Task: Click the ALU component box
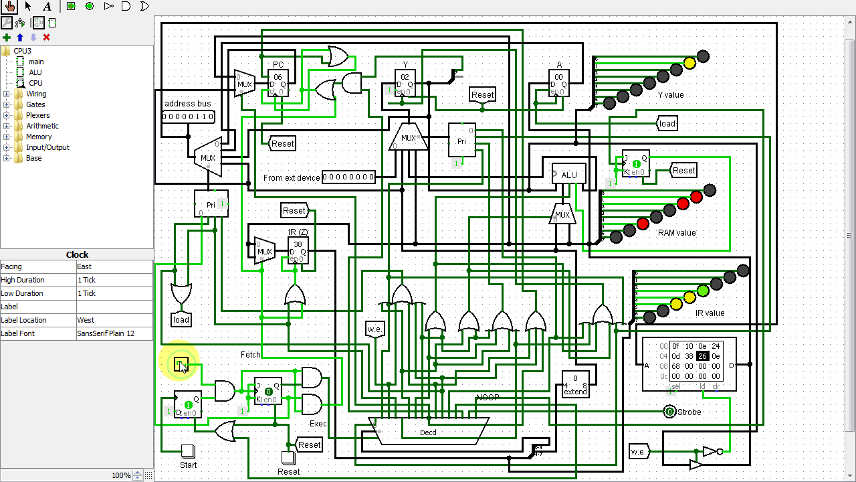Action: click(x=568, y=175)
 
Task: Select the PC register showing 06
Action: click(x=278, y=83)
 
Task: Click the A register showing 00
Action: click(x=559, y=83)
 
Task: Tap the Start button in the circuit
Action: click(x=188, y=452)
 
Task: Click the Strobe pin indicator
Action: click(x=669, y=412)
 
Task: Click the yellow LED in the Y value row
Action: click(x=689, y=64)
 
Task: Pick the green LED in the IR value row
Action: click(x=703, y=291)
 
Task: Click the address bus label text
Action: click(x=188, y=104)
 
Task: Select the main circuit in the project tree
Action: click(x=36, y=62)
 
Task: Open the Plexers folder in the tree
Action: click(x=37, y=115)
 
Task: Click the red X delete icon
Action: click(x=46, y=37)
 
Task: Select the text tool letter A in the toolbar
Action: click(x=47, y=7)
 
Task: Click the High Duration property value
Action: click(x=114, y=280)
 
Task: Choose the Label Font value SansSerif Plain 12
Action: click(x=114, y=333)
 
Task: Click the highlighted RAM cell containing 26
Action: click(x=702, y=356)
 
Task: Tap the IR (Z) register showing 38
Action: click(x=298, y=250)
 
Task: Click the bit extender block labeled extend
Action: click(x=575, y=384)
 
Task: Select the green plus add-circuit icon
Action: click(x=7, y=37)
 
